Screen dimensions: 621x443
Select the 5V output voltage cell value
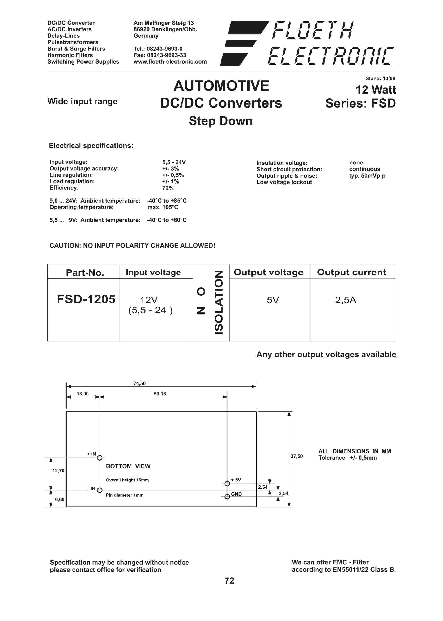(x=273, y=300)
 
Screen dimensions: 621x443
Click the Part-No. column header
(x=85, y=273)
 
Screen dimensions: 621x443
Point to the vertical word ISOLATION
(x=219, y=302)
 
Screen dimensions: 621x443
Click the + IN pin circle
(x=100, y=458)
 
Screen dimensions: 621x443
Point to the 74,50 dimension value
(x=139, y=383)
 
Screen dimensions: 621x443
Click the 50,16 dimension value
(x=160, y=394)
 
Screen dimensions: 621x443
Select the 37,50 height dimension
(x=296, y=456)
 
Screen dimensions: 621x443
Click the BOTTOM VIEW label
(x=128, y=466)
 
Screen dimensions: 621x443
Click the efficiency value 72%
(x=168, y=188)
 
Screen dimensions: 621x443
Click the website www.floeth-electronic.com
(x=170, y=62)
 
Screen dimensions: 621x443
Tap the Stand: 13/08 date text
(x=380, y=79)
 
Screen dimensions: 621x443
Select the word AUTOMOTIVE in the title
(x=221, y=86)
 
